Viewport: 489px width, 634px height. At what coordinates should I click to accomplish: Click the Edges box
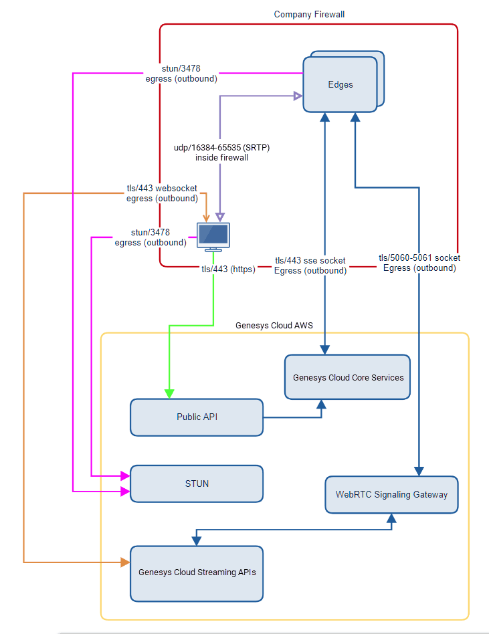(x=340, y=85)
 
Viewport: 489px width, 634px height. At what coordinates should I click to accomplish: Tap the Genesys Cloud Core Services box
(x=348, y=377)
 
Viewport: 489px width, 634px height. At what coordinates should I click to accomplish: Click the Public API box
(x=197, y=417)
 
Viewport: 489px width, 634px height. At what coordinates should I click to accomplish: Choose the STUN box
(x=197, y=484)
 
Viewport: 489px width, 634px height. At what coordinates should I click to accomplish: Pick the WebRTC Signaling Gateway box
(x=391, y=495)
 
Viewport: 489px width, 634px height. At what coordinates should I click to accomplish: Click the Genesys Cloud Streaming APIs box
(x=197, y=572)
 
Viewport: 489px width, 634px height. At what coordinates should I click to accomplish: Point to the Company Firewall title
(x=309, y=14)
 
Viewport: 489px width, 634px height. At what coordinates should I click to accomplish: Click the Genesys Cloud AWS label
(x=274, y=326)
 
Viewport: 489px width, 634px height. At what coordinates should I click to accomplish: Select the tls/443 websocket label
(x=162, y=188)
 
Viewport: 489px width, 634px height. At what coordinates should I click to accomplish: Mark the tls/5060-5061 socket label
(x=419, y=257)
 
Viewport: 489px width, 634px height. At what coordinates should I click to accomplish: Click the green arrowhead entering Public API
(x=169, y=394)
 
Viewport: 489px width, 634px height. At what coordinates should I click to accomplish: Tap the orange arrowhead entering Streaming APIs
(x=125, y=562)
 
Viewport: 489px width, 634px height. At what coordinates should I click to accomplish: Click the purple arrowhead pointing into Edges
(x=298, y=96)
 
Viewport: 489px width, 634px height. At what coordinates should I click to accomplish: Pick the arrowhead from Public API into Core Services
(x=322, y=404)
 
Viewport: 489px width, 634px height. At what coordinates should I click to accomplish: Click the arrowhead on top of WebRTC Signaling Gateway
(x=419, y=471)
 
